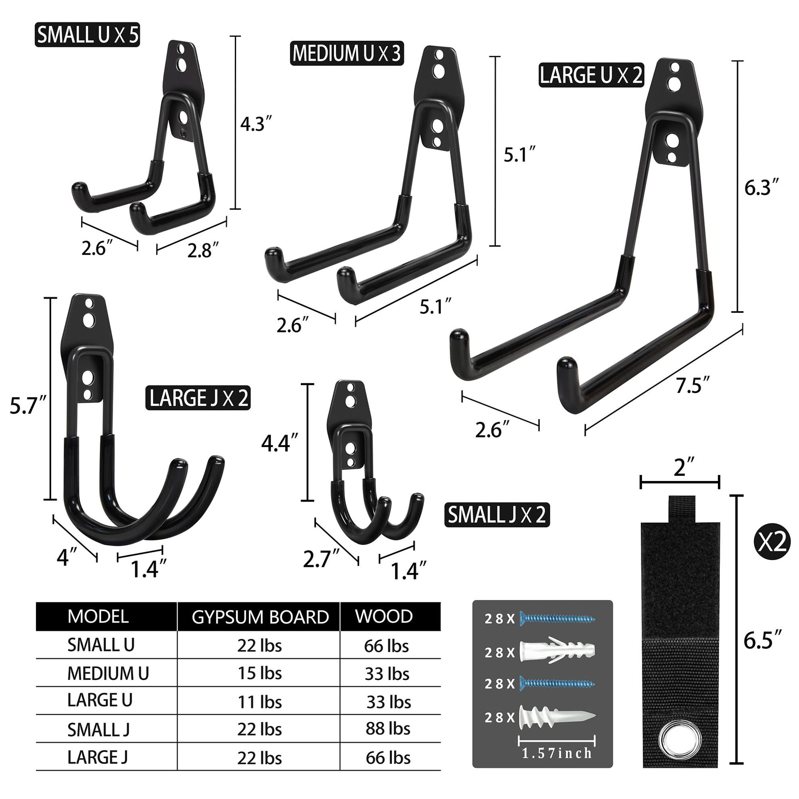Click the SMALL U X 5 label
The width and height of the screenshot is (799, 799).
pyautogui.click(x=87, y=35)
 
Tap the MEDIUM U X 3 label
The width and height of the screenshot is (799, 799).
pyautogui.click(x=347, y=53)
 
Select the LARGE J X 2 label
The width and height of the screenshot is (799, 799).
pyautogui.click(x=198, y=398)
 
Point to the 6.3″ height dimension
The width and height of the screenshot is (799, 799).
pyautogui.click(x=761, y=188)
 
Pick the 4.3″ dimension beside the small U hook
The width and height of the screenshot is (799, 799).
pyautogui.click(x=256, y=124)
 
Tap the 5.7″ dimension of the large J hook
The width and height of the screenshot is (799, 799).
pyautogui.click(x=28, y=405)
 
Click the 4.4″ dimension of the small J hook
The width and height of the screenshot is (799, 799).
pyautogui.click(x=280, y=443)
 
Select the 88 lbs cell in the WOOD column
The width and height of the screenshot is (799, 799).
pyautogui.click(x=387, y=728)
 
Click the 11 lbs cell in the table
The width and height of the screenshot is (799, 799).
pyautogui.click(x=259, y=702)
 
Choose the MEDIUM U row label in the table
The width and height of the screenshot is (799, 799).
pyautogui.click(x=108, y=673)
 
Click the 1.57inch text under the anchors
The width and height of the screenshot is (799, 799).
pyautogui.click(x=556, y=753)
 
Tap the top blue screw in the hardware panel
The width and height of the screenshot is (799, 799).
pyautogui.click(x=557, y=619)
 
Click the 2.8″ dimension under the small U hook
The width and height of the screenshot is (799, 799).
pyautogui.click(x=202, y=251)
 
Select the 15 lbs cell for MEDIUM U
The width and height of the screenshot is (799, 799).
pyautogui.click(x=259, y=673)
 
